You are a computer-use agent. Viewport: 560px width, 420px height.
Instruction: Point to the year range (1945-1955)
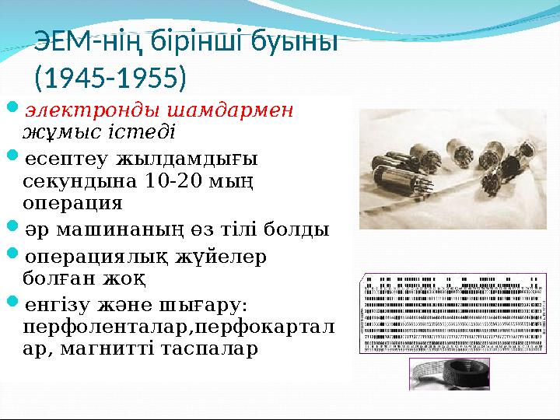pos(110,78)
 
